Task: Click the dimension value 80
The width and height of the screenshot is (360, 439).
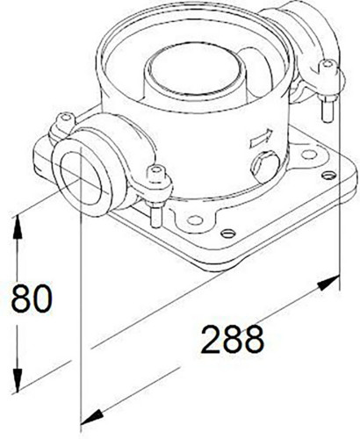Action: click(32, 298)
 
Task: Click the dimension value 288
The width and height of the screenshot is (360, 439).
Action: click(233, 340)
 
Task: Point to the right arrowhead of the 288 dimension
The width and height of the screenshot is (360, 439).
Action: click(328, 282)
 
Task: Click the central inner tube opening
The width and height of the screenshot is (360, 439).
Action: click(196, 72)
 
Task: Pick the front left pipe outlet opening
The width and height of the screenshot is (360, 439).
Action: click(82, 178)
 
